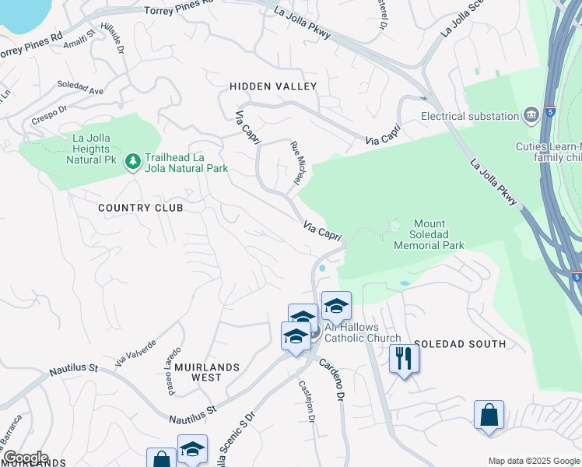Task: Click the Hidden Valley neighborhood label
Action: [273, 86]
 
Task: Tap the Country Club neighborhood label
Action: [141, 208]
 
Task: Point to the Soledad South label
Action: [460, 343]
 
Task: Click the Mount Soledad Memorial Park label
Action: [429, 234]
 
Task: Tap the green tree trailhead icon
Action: [133, 161]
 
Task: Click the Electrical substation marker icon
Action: [532, 116]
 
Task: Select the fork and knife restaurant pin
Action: [404, 358]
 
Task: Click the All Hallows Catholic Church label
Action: [363, 333]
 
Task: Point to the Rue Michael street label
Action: [296, 163]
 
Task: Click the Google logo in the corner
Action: [25, 458]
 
